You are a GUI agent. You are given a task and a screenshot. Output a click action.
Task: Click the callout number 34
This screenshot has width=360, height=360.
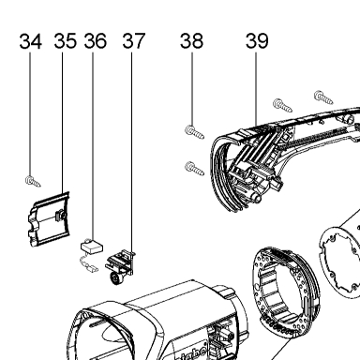tap(30, 41)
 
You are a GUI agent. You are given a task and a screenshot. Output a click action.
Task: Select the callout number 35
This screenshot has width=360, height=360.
tap(65, 41)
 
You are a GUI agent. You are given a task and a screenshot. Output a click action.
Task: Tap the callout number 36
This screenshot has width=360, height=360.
tap(96, 41)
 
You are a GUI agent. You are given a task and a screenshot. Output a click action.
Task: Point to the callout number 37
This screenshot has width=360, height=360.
tap(134, 41)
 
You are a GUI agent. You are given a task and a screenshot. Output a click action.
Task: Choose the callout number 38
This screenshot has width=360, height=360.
tap(191, 41)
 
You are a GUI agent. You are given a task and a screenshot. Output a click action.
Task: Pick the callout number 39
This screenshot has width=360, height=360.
tap(257, 41)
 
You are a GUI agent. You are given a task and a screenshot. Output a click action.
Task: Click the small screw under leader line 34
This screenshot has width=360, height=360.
tap(33, 181)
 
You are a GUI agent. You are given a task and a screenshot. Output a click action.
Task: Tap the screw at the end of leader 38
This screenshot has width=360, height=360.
tap(194, 132)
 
